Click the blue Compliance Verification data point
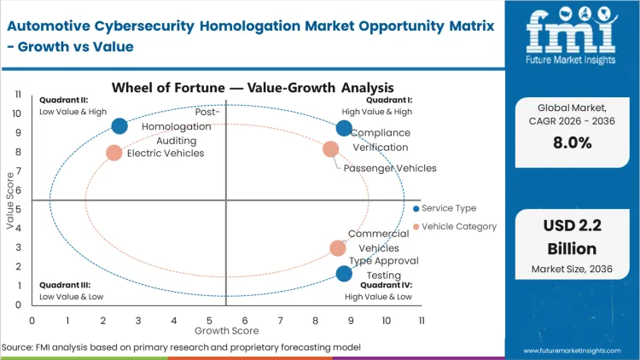[x=344, y=129]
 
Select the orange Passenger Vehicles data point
[x=331, y=149]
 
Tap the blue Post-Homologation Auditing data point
[x=119, y=126]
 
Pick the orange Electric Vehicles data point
[x=114, y=153]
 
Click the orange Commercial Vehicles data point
[x=338, y=248]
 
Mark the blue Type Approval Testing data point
[x=344, y=274]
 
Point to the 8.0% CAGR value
[x=572, y=143]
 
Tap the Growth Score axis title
[x=226, y=329]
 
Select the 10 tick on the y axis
[x=17, y=113]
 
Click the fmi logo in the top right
[x=571, y=39]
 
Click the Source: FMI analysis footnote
[x=181, y=347]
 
